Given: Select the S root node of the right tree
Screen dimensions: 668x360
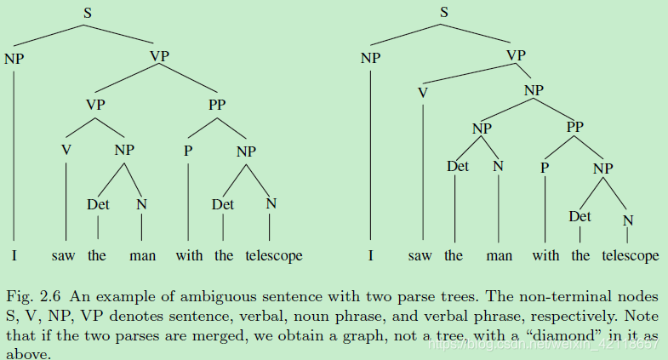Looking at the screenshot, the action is point(444,12).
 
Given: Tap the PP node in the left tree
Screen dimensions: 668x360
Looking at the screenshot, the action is point(218,106).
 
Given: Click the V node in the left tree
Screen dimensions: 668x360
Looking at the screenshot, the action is point(66,151).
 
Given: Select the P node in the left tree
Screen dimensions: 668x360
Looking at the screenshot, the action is point(187,151).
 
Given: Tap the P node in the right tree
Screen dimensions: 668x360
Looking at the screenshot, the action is point(544,168).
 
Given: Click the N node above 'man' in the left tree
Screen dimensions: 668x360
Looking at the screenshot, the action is point(141,204).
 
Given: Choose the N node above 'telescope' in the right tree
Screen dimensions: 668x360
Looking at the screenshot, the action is point(628,221).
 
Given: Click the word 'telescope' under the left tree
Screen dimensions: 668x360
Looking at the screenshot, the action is point(273,255).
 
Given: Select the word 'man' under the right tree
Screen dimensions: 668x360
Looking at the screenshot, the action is point(499,255).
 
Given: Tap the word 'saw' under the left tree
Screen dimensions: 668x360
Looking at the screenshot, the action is point(64,255).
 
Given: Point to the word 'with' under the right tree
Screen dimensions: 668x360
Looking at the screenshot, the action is point(545,255).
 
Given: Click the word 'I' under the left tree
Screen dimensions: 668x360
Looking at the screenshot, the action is point(14,255).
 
